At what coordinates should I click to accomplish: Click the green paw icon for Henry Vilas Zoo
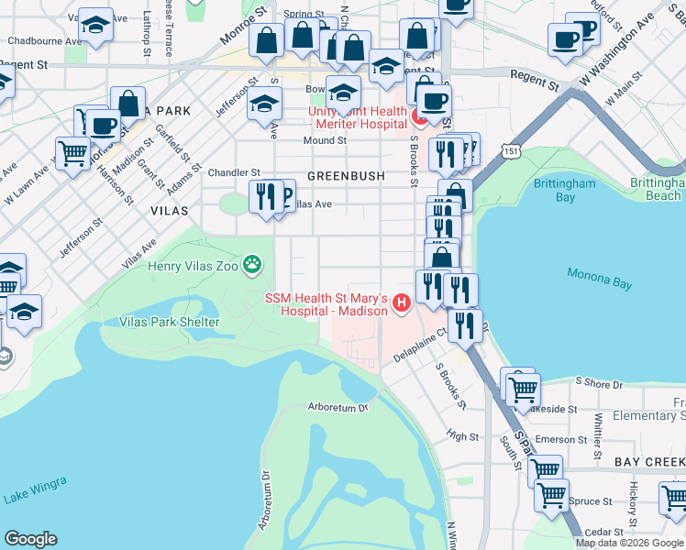(x=252, y=267)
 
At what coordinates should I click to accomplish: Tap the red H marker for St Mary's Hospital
(x=400, y=302)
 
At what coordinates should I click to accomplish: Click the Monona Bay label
(x=600, y=278)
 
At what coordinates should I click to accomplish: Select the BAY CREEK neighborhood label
(x=649, y=461)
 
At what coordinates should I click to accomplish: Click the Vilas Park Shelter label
(x=169, y=322)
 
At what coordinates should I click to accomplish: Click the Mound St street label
(x=326, y=141)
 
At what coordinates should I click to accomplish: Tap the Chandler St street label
(x=235, y=172)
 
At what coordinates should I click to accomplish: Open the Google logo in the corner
(x=31, y=539)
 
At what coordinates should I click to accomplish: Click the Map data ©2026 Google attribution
(x=629, y=543)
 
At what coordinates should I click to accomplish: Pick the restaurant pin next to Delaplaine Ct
(x=465, y=325)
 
